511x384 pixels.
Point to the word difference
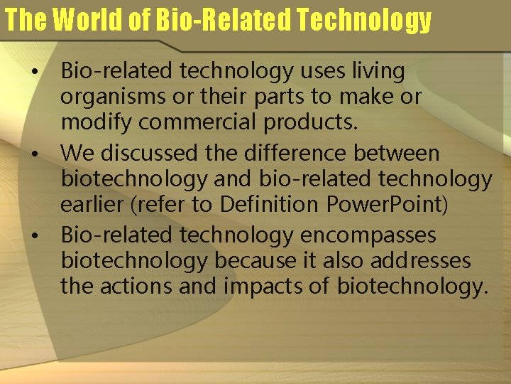click(x=310, y=153)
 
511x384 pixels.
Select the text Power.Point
click(x=384, y=204)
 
